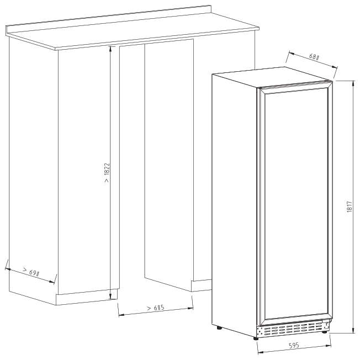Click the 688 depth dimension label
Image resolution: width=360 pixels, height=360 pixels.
point(314,57)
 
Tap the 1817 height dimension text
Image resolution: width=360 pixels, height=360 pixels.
point(349,207)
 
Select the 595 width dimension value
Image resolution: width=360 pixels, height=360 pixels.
point(294,345)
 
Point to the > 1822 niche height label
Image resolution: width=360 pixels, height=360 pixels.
point(107,173)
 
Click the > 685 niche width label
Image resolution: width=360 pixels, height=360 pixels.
point(156,308)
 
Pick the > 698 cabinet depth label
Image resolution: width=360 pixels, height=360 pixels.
point(31,272)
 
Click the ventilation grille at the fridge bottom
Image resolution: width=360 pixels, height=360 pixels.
point(290,329)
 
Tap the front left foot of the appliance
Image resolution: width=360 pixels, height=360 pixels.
point(256,338)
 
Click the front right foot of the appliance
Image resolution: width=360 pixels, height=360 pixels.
point(325,331)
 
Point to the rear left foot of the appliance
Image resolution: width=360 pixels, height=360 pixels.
point(220,327)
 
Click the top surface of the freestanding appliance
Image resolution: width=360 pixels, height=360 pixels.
point(272,77)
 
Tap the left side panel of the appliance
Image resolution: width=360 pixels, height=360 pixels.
point(235,204)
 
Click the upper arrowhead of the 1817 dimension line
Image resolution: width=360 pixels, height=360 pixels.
point(353,83)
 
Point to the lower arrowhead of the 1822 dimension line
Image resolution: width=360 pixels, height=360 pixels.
point(110,297)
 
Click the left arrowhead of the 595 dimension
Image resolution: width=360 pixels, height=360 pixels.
point(261,352)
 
